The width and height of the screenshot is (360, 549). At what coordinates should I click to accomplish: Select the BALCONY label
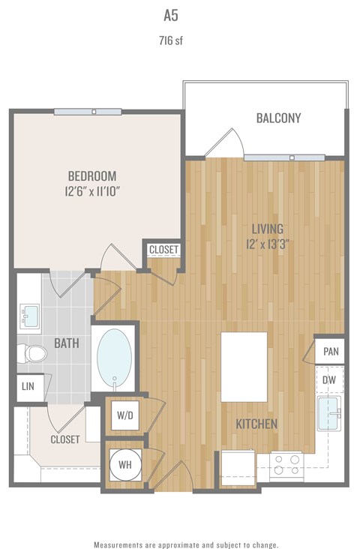point(278,118)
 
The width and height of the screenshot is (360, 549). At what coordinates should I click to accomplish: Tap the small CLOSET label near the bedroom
point(163,250)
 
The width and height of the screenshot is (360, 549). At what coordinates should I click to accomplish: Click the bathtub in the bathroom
point(115,358)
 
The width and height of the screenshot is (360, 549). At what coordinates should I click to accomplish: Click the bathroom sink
point(31,314)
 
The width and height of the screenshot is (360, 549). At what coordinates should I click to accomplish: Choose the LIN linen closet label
point(28,387)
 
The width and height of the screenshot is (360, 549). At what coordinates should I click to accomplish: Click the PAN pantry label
point(330,351)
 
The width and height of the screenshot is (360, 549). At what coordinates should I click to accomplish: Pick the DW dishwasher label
point(330,380)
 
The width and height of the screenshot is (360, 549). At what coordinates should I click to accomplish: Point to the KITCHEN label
point(256,424)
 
